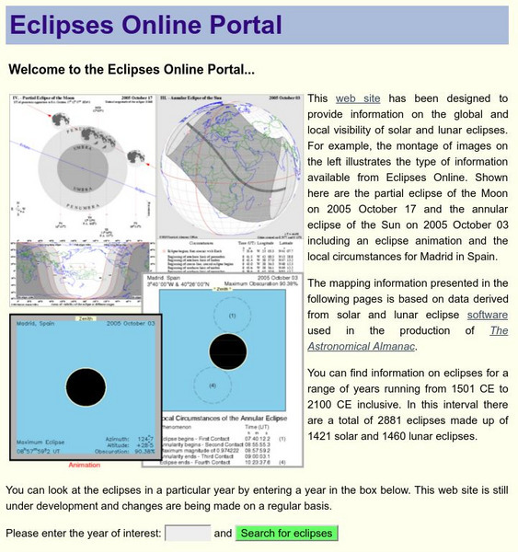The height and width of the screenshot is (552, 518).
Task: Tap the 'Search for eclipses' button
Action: tap(285, 533)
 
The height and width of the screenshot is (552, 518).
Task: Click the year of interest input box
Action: tap(187, 533)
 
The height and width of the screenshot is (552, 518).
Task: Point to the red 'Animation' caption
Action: tap(85, 466)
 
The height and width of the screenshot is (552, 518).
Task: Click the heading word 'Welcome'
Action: tap(40, 69)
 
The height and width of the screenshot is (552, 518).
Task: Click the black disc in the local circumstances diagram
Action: tap(227, 351)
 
